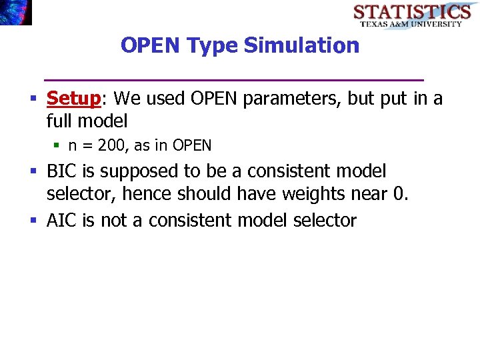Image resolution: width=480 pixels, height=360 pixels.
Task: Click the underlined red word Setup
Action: (73, 99)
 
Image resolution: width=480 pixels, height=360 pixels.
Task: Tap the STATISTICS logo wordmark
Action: (411, 11)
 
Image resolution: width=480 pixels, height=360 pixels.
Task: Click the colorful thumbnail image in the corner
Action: (15, 12)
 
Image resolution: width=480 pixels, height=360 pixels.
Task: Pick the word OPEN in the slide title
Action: (151, 45)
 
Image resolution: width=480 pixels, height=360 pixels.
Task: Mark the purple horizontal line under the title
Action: (233, 80)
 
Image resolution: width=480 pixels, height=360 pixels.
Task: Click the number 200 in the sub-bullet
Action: (110, 145)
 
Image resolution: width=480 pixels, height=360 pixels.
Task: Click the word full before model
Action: (59, 121)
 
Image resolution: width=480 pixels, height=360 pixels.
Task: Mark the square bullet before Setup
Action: (33, 99)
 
